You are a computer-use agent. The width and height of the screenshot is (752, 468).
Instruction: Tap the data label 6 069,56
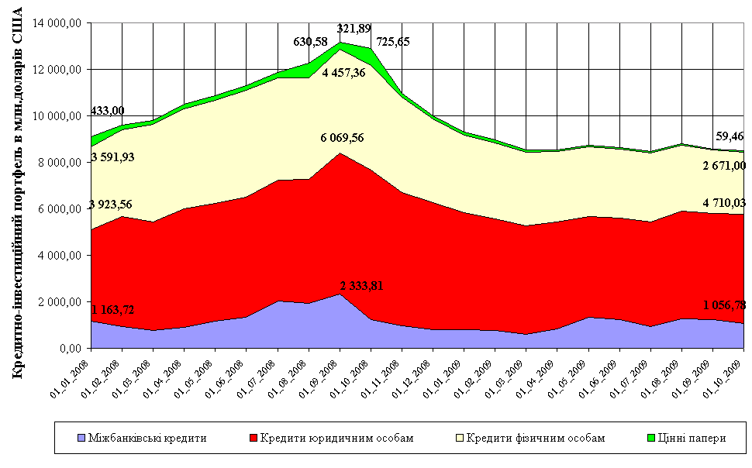point(342,138)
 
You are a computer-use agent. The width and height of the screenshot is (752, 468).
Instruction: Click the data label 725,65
point(393,42)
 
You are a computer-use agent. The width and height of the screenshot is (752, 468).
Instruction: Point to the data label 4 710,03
point(719,203)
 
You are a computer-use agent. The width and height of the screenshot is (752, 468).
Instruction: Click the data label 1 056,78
point(719,303)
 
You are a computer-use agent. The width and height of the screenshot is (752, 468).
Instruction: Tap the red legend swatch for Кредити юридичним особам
point(252,438)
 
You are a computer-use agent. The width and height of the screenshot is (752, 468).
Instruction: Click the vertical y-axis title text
point(17,194)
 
